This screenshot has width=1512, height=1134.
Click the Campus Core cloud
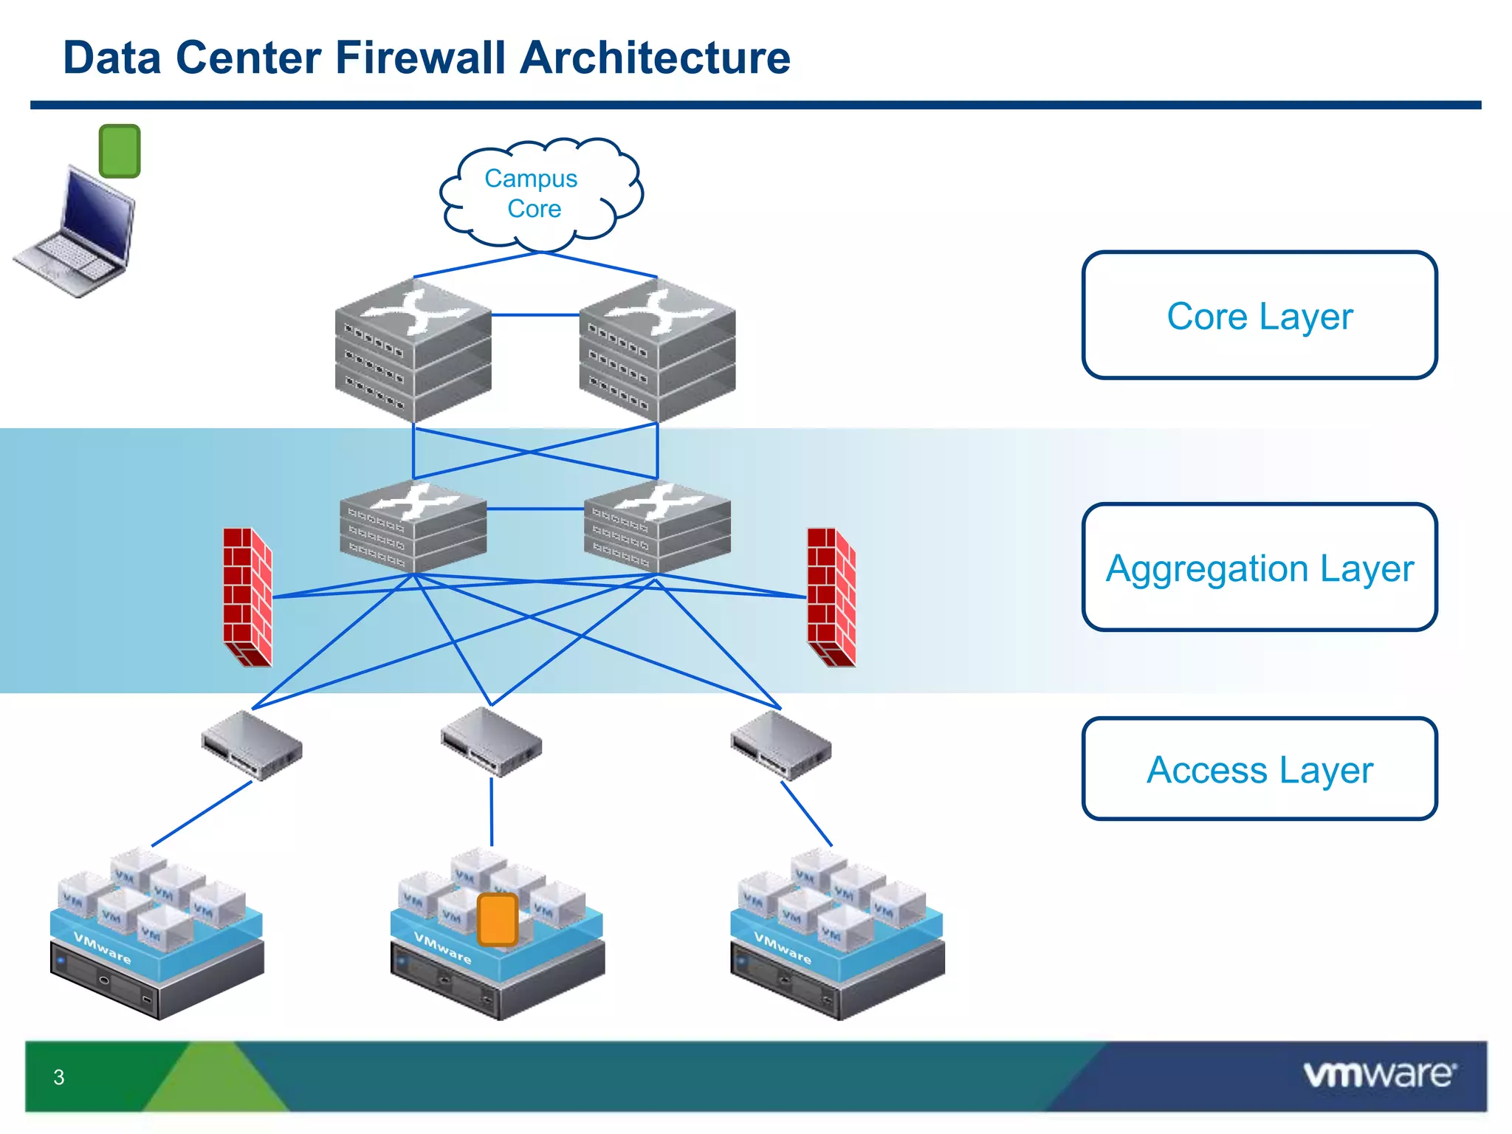tap(539, 193)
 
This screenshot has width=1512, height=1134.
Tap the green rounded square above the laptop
tap(120, 151)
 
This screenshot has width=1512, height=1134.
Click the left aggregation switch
tap(413, 526)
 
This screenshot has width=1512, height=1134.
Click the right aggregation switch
tap(657, 526)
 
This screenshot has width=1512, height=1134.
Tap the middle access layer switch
tap(491, 742)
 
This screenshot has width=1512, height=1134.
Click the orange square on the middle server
tap(498, 919)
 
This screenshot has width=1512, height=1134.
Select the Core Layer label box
tap(1259, 315)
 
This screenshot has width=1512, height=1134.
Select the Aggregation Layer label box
tap(1259, 567)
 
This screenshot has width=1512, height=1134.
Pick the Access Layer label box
tap(1259, 769)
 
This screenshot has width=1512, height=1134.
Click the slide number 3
tap(59, 1077)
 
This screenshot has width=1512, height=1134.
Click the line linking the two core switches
tap(535, 315)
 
